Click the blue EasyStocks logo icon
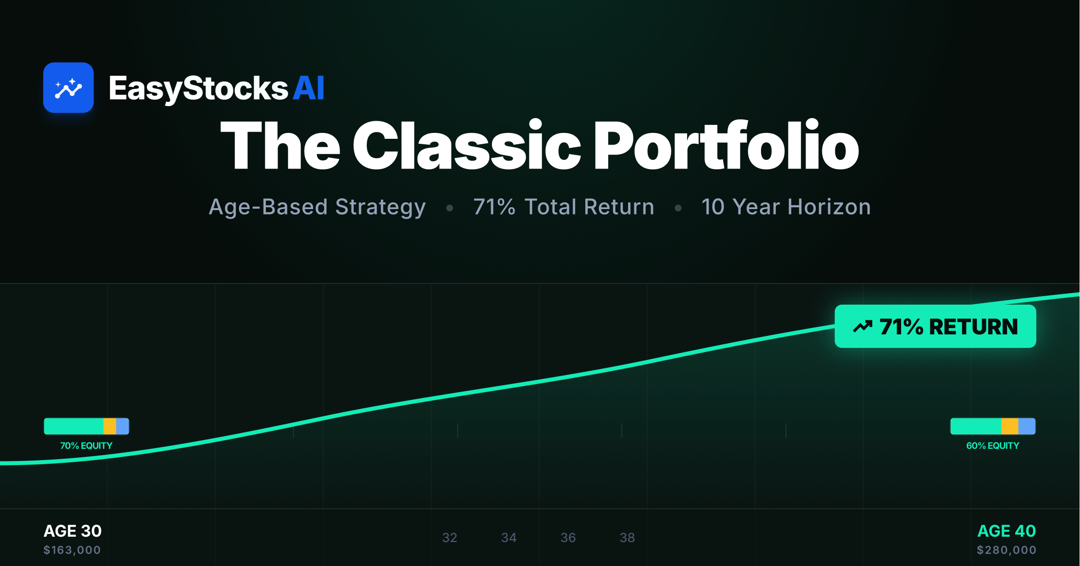[68, 87]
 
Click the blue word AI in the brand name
[309, 88]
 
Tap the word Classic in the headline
[467, 146]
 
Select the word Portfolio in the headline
[726, 146]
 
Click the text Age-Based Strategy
[317, 207]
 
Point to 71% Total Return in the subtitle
[564, 207]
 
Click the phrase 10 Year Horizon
[786, 207]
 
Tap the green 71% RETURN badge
[935, 326]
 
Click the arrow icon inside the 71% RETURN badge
[862, 326]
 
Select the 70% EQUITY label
[86, 446]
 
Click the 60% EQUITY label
[993, 446]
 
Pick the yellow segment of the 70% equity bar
[109, 426]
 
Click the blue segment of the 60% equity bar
[1027, 426]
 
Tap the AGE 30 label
[73, 531]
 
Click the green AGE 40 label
[1007, 531]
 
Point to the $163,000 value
[72, 550]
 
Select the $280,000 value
[1007, 550]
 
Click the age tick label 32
[450, 538]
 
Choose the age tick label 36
[568, 538]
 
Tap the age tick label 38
[627, 538]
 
